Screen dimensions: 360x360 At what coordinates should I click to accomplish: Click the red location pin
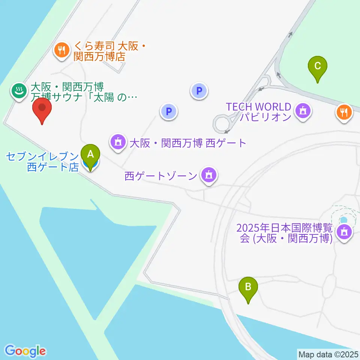pyautogui.click(x=42, y=109)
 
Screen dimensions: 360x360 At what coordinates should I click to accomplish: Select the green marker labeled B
pyautogui.click(x=248, y=287)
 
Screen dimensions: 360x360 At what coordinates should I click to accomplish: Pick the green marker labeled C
pyautogui.click(x=317, y=67)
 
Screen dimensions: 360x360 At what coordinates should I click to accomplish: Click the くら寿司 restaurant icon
pyautogui.click(x=60, y=50)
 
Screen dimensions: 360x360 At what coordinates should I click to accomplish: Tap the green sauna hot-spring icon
pyautogui.click(x=18, y=90)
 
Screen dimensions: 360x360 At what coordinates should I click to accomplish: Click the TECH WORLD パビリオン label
pyautogui.click(x=259, y=112)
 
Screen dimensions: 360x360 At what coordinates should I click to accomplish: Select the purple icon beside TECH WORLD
pyautogui.click(x=302, y=111)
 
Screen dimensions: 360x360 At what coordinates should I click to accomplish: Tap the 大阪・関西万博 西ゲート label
pyautogui.click(x=187, y=143)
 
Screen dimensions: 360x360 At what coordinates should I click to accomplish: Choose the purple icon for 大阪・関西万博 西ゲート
pyautogui.click(x=118, y=142)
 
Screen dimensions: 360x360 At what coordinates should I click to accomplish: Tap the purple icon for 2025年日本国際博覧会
pyautogui.click(x=343, y=232)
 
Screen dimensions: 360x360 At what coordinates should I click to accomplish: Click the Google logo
pyautogui.click(x=25, y=351)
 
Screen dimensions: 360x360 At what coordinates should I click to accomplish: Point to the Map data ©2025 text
pyautogui.click(x=328, y=354)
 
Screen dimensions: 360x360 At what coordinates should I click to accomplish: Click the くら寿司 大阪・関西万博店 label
pyautogui.click(x=106, y=51)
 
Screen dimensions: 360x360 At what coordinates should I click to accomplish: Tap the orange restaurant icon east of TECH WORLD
pyautogui.click(x=343, y=111)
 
